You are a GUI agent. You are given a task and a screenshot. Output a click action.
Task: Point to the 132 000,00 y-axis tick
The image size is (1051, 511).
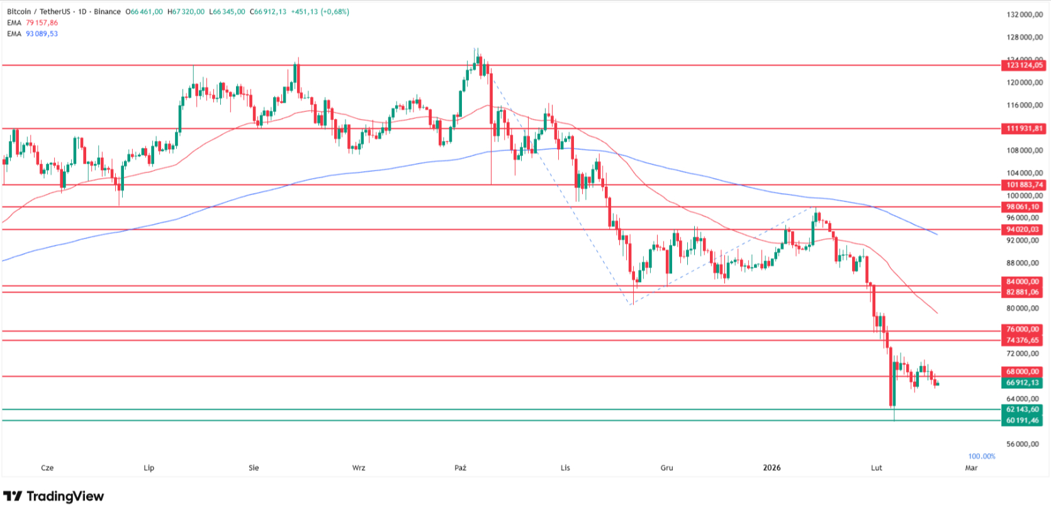[x=1025, y=14]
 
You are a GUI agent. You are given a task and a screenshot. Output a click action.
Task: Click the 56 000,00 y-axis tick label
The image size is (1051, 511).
[x=1023, y=444]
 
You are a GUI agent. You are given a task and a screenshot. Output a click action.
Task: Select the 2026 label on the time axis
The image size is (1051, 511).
[x=772, y=468]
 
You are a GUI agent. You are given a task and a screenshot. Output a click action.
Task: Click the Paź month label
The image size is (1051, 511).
[x=460, y=468]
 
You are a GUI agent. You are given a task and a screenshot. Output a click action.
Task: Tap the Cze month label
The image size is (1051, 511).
[x=47, y=468]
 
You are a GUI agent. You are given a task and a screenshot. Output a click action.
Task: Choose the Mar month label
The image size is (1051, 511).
[x=971, y=468]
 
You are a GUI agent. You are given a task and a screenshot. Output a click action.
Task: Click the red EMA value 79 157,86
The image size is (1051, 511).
[x=42, y=23]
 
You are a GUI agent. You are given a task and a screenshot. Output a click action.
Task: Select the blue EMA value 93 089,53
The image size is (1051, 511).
[x=42, y=34]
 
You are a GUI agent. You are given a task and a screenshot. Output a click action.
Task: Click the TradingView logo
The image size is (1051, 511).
[x=53, y=497]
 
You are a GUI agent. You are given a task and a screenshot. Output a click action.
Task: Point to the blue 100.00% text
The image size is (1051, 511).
[x=982, y=456]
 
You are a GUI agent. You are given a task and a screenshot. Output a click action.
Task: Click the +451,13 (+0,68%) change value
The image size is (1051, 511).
[x=320, y=12]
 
